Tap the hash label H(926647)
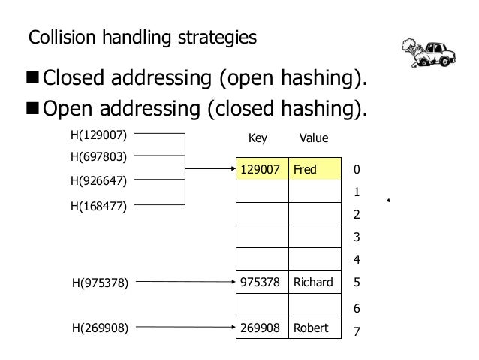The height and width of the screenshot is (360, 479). tap(98, 180)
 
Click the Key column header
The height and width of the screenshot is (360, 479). tap(258, 138)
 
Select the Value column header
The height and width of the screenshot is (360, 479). tap(314, 138)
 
